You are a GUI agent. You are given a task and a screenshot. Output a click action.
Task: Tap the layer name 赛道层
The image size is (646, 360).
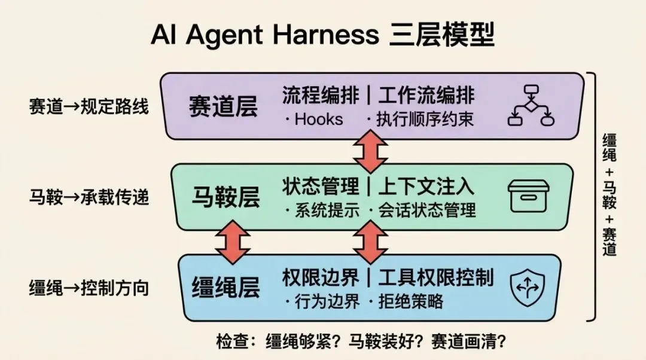pos(223,106)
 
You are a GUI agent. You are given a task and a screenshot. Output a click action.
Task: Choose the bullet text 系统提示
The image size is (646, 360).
pos(320,210)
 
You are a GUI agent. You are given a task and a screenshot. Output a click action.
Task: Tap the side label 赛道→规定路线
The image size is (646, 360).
pos(89,107)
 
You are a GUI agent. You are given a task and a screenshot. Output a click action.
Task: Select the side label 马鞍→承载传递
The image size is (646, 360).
pos(89,197)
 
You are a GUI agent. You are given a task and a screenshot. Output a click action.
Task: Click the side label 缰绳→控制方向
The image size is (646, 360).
pos(89,288)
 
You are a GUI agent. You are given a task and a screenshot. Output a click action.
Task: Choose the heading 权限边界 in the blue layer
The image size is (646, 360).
pos(321,277)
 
